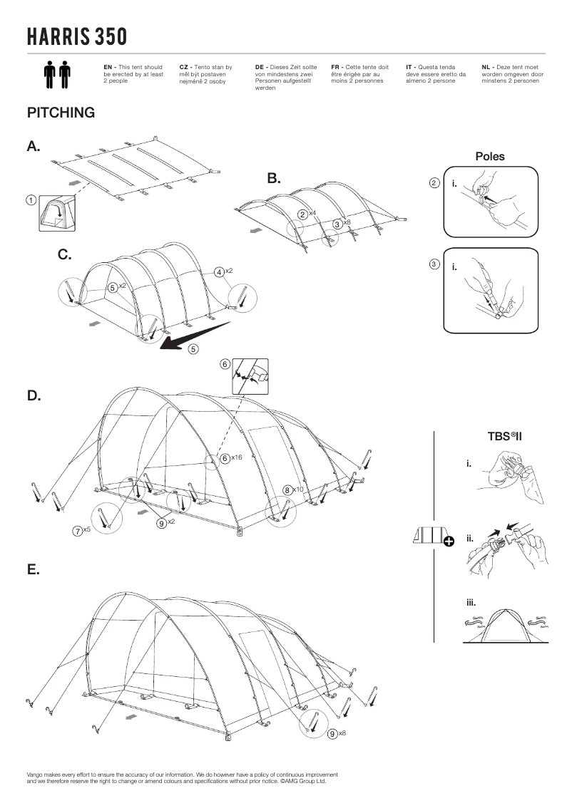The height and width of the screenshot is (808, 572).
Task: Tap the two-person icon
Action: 57,75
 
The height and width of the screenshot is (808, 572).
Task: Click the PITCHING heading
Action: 61,113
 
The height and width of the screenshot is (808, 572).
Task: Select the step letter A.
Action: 34,146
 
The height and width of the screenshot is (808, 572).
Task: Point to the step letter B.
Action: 274,178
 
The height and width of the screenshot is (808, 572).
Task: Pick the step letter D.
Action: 34,395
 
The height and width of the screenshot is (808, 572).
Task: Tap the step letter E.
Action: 33,570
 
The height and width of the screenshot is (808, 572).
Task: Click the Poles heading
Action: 489,157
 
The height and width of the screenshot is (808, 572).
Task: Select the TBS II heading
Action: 505,436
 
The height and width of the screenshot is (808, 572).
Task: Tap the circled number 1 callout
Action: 31,200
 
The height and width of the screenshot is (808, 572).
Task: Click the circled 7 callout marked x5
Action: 76,529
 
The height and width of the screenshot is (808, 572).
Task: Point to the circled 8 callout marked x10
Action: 287,490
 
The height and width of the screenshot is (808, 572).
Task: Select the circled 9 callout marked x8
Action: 332,734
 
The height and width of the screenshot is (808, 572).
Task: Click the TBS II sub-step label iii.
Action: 471,602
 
